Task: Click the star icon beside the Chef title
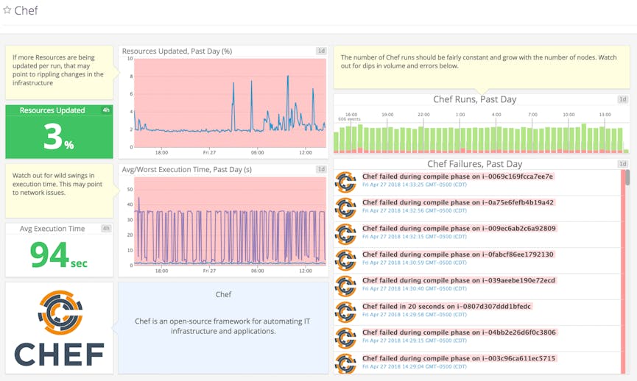point(7,10)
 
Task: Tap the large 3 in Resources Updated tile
point(52,136)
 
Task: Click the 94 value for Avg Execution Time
point(49,254)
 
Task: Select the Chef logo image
point(59,328)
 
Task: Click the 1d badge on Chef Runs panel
point(622,99)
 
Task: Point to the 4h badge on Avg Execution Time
point(106,229)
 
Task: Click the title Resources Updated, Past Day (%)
point(177,51)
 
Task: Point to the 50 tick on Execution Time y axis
point(129,189)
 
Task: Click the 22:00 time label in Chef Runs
point(423,115)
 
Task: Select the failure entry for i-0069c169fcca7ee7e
point(457,177)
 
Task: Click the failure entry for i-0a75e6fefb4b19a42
point(458,202)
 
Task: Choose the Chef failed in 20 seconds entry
point(446,306)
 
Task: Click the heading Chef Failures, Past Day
point(474,164)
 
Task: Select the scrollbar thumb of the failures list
point(627,177)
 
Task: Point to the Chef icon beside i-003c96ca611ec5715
point(345,363)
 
